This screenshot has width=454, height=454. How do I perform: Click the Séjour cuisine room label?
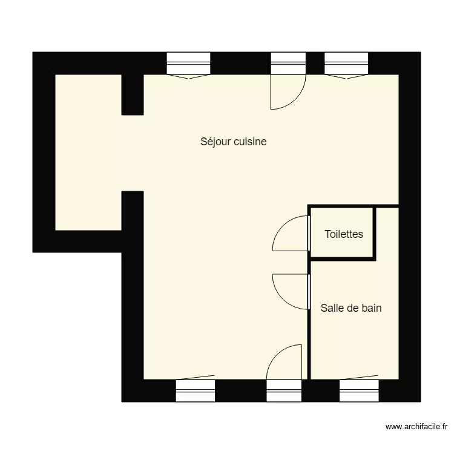234,142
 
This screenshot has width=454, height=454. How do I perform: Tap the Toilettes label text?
344,234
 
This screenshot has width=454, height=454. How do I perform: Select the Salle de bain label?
351,308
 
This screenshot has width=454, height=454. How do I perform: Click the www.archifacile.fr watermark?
416,427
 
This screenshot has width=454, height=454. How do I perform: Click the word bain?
371,308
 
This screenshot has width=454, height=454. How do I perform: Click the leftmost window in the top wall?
188,64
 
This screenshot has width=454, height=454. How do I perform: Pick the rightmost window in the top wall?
346,64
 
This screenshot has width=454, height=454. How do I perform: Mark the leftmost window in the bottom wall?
195,390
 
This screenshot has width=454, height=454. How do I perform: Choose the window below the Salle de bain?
359,390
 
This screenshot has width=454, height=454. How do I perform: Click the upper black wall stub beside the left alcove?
133,94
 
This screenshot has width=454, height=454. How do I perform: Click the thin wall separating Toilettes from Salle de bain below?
343,258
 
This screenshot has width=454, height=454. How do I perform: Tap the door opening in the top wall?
288,64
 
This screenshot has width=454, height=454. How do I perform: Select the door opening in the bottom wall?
284,390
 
